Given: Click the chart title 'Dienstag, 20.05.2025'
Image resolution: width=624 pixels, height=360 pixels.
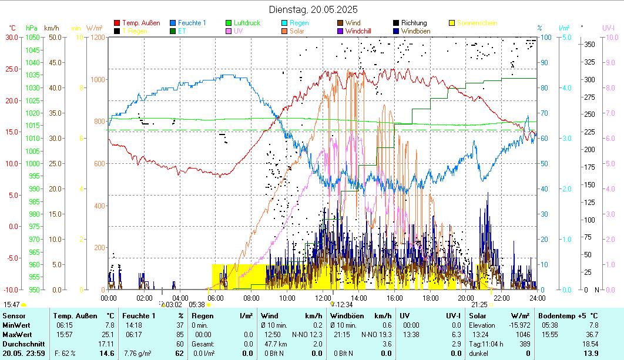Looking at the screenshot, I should (x=313, y=9).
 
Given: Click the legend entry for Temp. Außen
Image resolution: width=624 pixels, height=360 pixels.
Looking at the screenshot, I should (x=141, y=23).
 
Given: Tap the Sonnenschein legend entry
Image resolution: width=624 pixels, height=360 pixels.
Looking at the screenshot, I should (x=477, y=23).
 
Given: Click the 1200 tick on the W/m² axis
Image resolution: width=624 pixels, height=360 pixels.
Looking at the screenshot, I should (x=97, y=37).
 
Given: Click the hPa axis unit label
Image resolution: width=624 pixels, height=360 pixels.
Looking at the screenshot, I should (x=31, y=28).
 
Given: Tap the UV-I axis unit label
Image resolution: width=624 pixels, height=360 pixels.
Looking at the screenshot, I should (x=609, y=28).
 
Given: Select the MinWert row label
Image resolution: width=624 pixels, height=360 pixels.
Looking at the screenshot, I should (x=14, y=325).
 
